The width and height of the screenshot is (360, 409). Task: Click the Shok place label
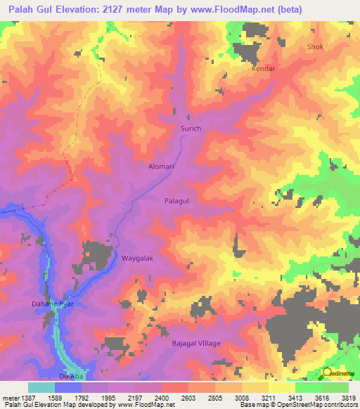[316, 47]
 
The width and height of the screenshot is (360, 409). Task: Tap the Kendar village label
[264, 70]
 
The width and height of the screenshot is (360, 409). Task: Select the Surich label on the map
[191, 129]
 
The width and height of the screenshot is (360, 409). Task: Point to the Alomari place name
[161, 167]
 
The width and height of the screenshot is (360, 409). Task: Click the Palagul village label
[177, 200]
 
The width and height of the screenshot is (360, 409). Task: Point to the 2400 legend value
[161, 397]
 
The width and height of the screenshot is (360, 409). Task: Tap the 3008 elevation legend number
[241, 397]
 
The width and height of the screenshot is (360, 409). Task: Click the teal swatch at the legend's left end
[41, 387]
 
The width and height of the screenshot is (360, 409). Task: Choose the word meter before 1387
[11, 397]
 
